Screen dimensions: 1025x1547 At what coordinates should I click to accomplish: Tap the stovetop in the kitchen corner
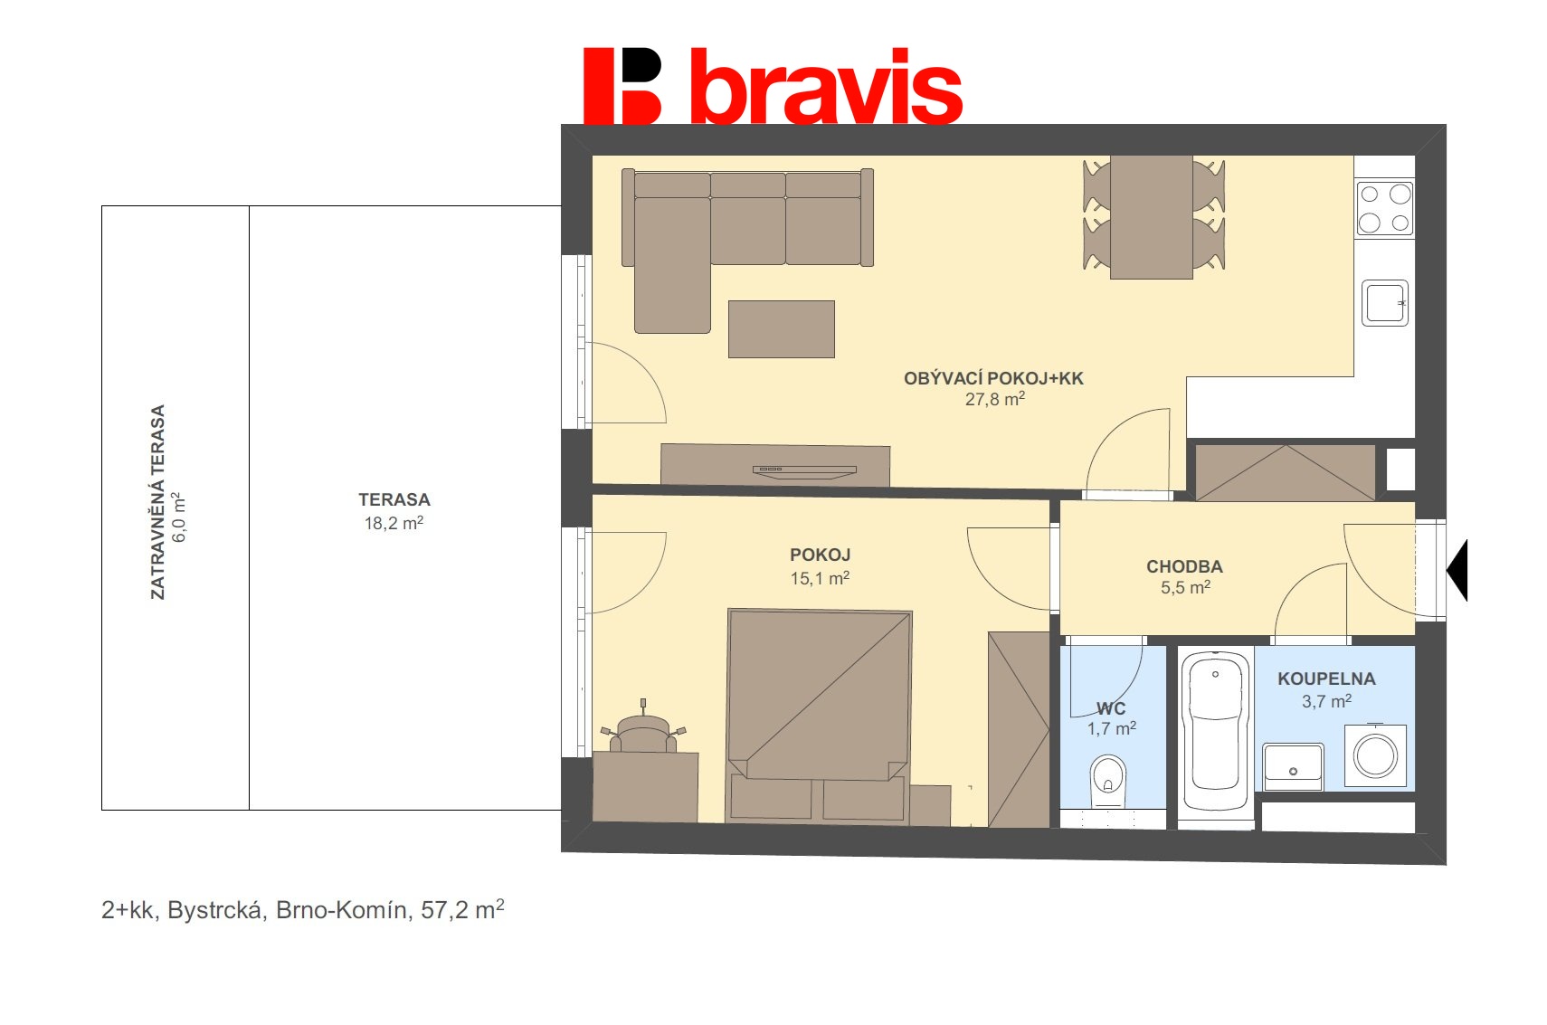click(1384, 208)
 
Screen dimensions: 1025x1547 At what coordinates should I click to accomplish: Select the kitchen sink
click(1384, 303)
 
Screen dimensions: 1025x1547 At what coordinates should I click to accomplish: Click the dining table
click(1151, 217)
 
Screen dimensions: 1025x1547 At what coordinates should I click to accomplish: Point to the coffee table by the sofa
click(781, 329)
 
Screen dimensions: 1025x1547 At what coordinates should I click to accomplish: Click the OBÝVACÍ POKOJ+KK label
click(993, 378)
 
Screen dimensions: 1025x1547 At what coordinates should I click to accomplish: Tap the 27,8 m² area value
click(994, 399)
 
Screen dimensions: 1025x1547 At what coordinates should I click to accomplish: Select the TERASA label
click(394, 499)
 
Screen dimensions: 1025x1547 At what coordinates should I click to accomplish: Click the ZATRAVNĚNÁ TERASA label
click(158, 501)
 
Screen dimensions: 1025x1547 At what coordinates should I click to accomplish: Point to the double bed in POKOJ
click(819, 697)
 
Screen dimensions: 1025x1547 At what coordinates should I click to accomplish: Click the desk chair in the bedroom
click(643, 731)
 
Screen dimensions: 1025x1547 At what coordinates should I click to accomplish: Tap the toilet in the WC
click(1107, 780)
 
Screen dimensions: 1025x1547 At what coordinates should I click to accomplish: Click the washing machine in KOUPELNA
click(1375, 755)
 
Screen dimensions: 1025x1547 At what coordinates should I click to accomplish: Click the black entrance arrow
click(1458, 571)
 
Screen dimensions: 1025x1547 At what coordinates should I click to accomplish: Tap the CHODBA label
click(1184, 566)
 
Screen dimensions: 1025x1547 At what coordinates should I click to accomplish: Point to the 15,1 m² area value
click(820, 578)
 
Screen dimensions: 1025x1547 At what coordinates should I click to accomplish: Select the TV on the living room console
click(804, 470)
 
